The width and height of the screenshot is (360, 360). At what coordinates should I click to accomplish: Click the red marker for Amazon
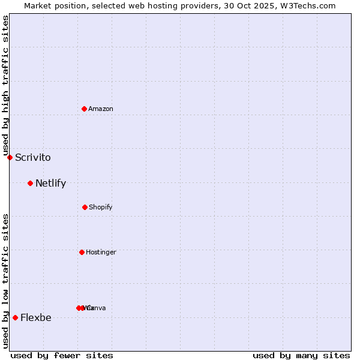click(84, 109)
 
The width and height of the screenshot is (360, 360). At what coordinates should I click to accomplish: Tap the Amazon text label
click(101, 109)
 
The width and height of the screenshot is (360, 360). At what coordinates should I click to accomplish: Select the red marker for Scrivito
click(10, 157)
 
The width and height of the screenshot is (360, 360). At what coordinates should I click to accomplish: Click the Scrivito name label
click(33, 158)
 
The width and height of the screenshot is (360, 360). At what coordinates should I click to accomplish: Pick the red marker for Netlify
click(30, 183)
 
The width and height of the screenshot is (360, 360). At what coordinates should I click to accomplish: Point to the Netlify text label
click(50, 184)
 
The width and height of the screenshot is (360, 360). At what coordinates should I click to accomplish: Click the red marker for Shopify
click(85, 207)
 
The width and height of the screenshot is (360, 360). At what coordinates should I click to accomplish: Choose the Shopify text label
click(101, 207)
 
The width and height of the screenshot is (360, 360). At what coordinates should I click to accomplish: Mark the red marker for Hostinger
click(82, 252)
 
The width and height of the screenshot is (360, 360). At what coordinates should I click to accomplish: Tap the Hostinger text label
click(101, 252)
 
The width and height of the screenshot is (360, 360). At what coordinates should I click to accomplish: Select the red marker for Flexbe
click(15, 317)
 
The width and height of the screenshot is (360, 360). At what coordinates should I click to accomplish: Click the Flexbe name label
click(36, 318)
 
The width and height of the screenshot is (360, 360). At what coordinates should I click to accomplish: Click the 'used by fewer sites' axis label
click(62, 355)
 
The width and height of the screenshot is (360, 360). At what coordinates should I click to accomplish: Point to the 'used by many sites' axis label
click(301, 355)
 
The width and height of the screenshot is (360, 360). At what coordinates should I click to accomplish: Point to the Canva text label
click(97, 308)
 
